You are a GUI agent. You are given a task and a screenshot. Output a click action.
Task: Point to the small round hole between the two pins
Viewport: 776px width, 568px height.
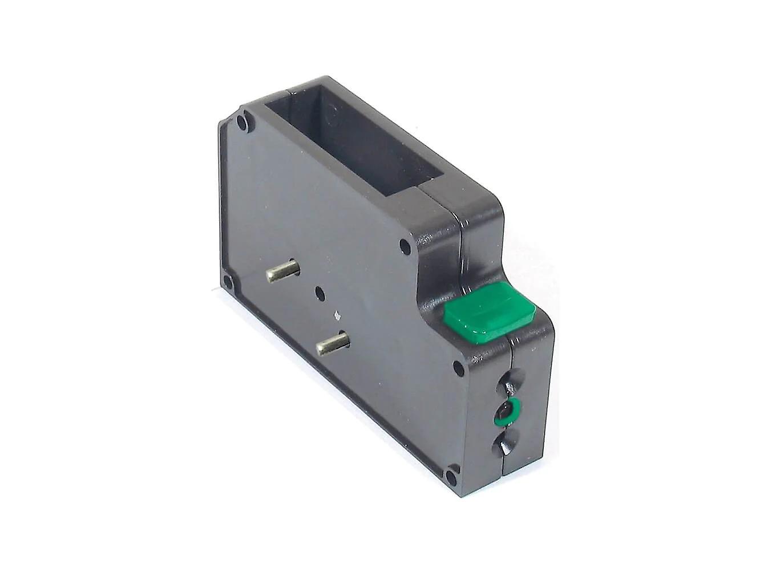(320, 293)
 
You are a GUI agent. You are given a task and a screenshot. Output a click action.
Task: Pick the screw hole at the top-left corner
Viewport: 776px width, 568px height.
(244, 121)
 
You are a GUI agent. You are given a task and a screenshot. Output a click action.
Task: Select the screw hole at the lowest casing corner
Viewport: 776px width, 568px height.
(451, 476)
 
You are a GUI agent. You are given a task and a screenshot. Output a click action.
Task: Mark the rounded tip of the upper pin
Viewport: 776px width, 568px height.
(294, 266)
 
